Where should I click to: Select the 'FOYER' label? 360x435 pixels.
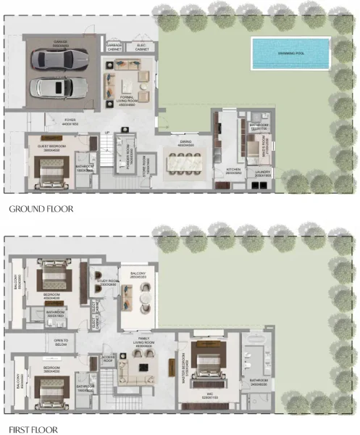click(70, 121)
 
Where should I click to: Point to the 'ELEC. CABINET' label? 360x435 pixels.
click(142, 46)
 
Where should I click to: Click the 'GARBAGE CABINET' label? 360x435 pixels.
click(114, 46)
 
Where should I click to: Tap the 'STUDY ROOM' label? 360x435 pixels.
click(108, 282)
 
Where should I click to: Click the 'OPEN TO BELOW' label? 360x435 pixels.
click(60, 342)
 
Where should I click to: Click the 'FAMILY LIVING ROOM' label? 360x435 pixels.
click(143, 344)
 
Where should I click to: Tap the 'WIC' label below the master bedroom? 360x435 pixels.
click(202, 394)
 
